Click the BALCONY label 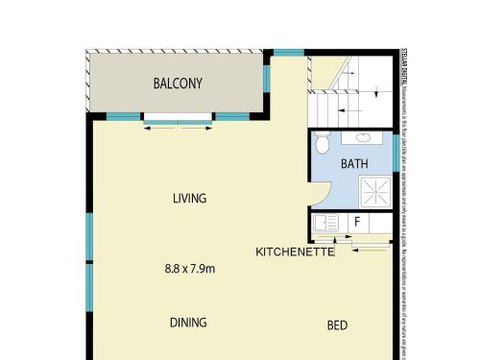(x=177, y=84)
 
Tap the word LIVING (x=188, y=198)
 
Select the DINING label (x=188, y=322)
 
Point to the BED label (x=337, y=325)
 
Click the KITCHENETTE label (x=294, y=251)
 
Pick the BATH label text (x=354, y=163)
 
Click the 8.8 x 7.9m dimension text (x=190, y=268)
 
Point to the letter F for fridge (x=356, y=222)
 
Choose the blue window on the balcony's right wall (x=266, y=80)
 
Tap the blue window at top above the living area (x=288, y=52)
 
